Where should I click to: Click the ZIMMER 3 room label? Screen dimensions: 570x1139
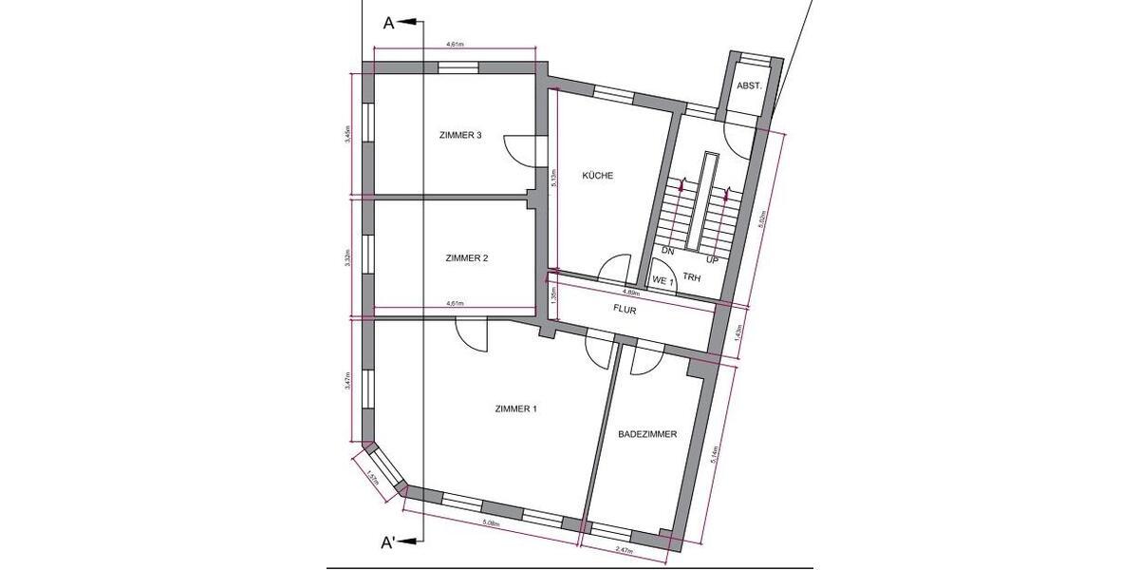pyautogui.click(x=460, y=136)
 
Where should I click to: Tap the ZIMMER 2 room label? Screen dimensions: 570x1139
pyautogui.click(x=466, y=258)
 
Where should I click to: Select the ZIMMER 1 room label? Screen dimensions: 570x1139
pyautogui.click(x=516, y=409)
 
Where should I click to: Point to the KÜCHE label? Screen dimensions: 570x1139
pyautogui.click(x=597, y=176)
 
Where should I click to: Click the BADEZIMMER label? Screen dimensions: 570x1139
pyautogui.click(x=646, y=434)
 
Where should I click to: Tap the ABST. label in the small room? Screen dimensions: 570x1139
pyautogui.click(x=750, y=85)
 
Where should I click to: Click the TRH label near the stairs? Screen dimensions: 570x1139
pyautogui.click(x=691, y=279)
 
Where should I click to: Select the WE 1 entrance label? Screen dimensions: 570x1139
pyautogui.click(x=663, y=281)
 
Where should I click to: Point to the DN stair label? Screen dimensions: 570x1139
pyautogui.click(x=667, y=252)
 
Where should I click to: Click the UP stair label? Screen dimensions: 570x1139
pyautogui.click(x=713, y=258)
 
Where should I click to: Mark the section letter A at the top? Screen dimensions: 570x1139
pyautogui.click(x=388, y=24)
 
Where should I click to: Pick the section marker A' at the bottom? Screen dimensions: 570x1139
pyautogui.click(x=389, y=543)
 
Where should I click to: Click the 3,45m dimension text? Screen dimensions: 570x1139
pyautogui.click(x=349, y=134)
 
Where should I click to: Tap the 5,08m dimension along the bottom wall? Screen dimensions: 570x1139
pyautogui.click(x=492, y=523)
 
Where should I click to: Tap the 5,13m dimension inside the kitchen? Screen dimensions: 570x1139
pyautogui.click(x=553, y=178)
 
